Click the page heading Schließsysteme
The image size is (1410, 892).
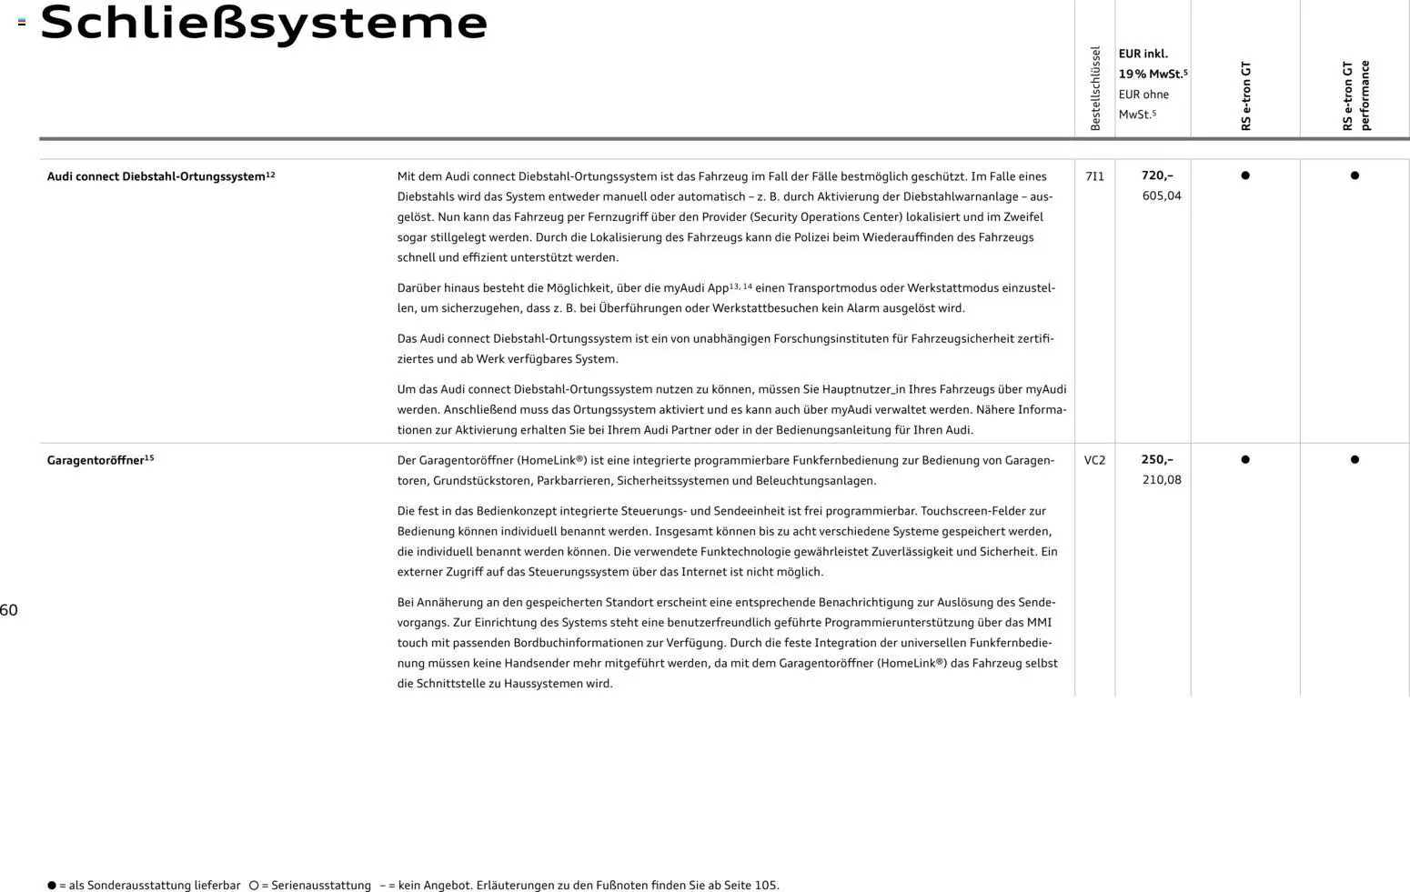click(x=264, y=23)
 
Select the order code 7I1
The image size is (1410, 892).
click(x=1094, y=176)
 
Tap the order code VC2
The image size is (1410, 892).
click(x=1094, y=460)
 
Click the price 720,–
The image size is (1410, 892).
click(x=1157, y=175)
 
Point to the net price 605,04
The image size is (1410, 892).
click(x=1162, y=195)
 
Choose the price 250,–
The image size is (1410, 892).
click(x=1157, y=459)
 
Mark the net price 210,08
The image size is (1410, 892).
click(x=1162, y=479)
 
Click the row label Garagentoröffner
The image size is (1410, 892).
click(x=96, y=460)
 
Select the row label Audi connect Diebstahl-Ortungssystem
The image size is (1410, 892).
click(x=156, y=176)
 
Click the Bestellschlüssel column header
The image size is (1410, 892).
click(x=1095, y=88)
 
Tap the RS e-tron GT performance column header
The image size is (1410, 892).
click(x=1355, y=95)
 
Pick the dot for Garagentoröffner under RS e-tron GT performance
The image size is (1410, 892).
click(x=1355, y=459)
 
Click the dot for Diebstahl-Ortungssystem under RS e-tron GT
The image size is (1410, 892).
click(x=1245, y=175)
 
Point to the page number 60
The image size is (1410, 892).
click(x=9, y=610)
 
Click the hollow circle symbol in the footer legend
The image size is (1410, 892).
click(x=254, y=885)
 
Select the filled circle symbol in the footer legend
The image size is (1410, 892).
click(x=52, y=885)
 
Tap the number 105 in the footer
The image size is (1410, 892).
click(x=765, y=885)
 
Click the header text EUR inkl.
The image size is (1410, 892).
click(x=1143, y=54)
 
